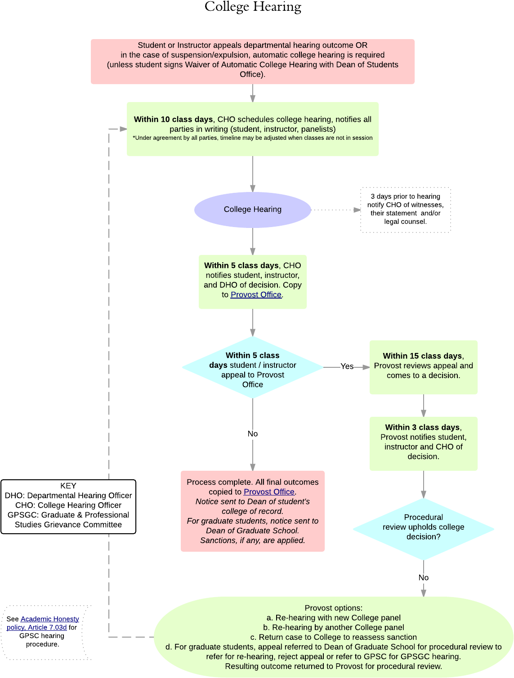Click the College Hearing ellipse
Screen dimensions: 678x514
[x=252, y=210]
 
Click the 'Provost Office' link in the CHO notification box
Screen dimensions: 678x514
[x=256, y=294]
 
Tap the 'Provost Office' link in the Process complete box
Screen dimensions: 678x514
[x=269, y=492]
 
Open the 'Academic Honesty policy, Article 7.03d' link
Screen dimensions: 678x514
[x=43, y=623]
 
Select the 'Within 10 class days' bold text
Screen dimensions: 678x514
[x=173, y=119]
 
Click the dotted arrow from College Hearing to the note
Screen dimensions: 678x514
[x=335, y=210]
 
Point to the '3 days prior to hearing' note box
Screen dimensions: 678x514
[x=405, y=210]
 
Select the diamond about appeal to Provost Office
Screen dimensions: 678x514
[x=252, y=368]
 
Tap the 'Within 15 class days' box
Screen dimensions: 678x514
[x=423, y=367]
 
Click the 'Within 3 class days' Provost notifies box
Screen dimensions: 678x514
[x=423, y=443]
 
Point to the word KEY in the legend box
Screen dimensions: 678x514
[x=68, y=486]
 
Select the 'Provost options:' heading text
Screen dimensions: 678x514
[x=333, y=608]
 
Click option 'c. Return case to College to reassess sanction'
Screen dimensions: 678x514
[x=333, y=637]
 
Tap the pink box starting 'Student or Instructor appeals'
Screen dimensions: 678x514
[x=252, y=61]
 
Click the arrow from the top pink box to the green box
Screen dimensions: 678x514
[x=253, y=94]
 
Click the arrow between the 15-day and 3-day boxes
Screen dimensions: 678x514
[x=424, y=406]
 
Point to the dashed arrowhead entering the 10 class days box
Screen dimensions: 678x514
[x=123, y=129]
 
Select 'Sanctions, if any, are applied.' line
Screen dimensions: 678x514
[x=252, y=540]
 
